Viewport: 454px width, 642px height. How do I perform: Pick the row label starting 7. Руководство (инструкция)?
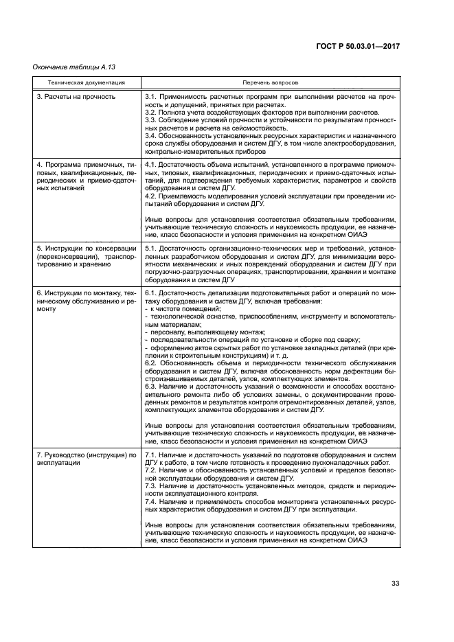[x=87, y=459]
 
